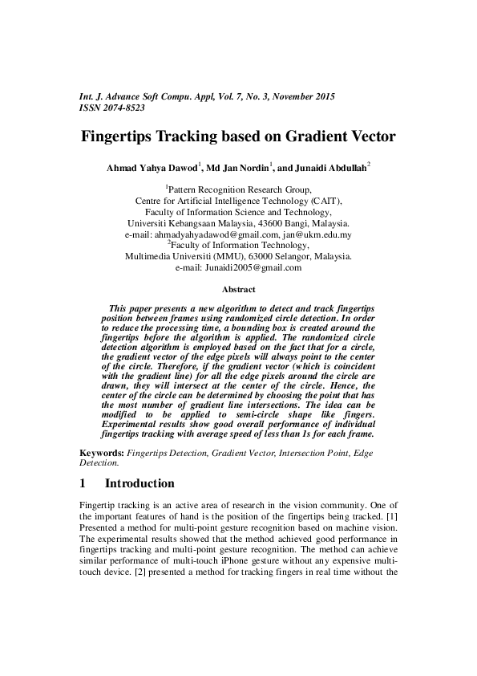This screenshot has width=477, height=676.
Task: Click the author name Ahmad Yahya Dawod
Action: [x=152, y=170]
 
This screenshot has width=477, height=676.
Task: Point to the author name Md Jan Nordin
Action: [x=235, y=170]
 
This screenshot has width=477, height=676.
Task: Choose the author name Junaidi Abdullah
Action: [x=325, y=170]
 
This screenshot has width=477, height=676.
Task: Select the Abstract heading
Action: [x=238, y=290]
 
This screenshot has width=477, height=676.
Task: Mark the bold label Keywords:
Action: [x=101, y=454]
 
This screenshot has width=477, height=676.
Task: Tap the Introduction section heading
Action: [x=139, y=483]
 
